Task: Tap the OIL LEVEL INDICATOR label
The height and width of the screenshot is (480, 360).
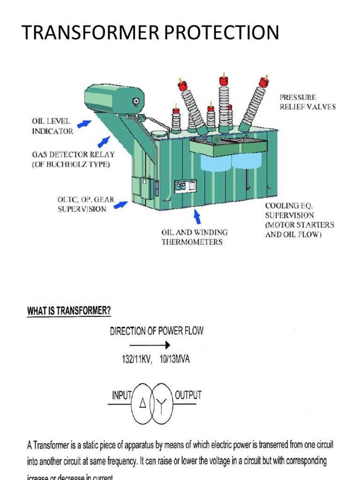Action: tap(52, 127)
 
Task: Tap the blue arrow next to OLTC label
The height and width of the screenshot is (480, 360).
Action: tap(122, 204)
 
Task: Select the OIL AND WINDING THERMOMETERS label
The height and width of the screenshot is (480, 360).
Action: tap(195, 237)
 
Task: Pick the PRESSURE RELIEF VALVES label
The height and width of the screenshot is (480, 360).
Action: tap(307, 102)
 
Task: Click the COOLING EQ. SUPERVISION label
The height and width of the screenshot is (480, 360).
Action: tap(300, 220)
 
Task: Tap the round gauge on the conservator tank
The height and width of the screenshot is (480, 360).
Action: tap(136, 100)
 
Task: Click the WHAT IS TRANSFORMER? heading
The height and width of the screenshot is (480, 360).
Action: tap(69, 311)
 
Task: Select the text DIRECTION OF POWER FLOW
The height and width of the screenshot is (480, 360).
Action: tap(157, 331)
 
